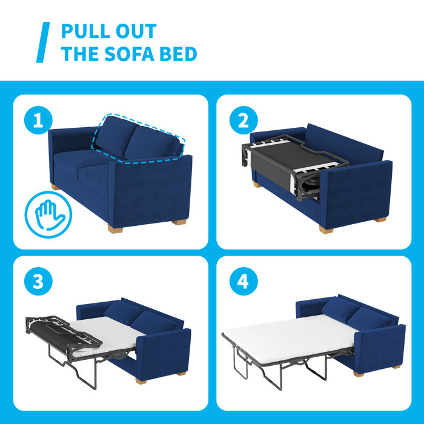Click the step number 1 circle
click(39, 121)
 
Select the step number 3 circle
click(39, 282)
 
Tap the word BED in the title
click(179, 54)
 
